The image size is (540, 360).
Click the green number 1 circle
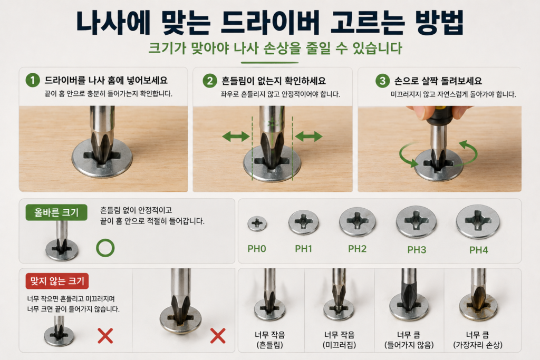[x=33, y=80]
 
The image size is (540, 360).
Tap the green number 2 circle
[x=210, y=81]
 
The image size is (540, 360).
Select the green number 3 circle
[x=382, y=81]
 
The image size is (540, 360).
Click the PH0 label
[x=257, y=248]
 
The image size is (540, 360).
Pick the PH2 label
[x=357, y=248]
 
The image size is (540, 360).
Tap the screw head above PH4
[x=478, y=222]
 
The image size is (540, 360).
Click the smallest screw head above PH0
[x=257, y=223]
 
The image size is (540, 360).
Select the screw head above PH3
[x=417, y=222]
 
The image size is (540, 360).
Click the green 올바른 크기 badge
[x=56, y=212]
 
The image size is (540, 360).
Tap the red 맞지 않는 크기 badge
[x=57, y=281]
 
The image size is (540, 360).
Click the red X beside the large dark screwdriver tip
[x=218, y=336]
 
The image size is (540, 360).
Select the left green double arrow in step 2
[x=236, y=137]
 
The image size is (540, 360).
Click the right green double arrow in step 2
[x=309, y=137]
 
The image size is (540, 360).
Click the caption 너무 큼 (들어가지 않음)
[x=409, y=339]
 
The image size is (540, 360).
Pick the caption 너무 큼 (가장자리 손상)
[x=478, y=339]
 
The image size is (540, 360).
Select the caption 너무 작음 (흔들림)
[x=269, y=339]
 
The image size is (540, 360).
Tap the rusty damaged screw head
[x=478, y=307]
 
